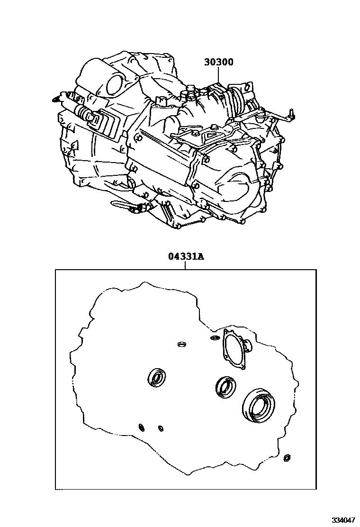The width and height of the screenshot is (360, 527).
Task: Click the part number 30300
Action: pyautogui.click(x=219, y=62)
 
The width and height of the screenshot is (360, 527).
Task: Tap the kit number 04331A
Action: pyautogui.click(x=186, y=257)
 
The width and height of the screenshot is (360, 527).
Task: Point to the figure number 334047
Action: pyautogui.click(x=343, y=520)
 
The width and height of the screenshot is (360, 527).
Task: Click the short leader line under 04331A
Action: pyautogui.click(x=185, y=265)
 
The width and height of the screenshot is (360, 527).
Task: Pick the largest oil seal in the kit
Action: pyautogui.click(x=258, y=405)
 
